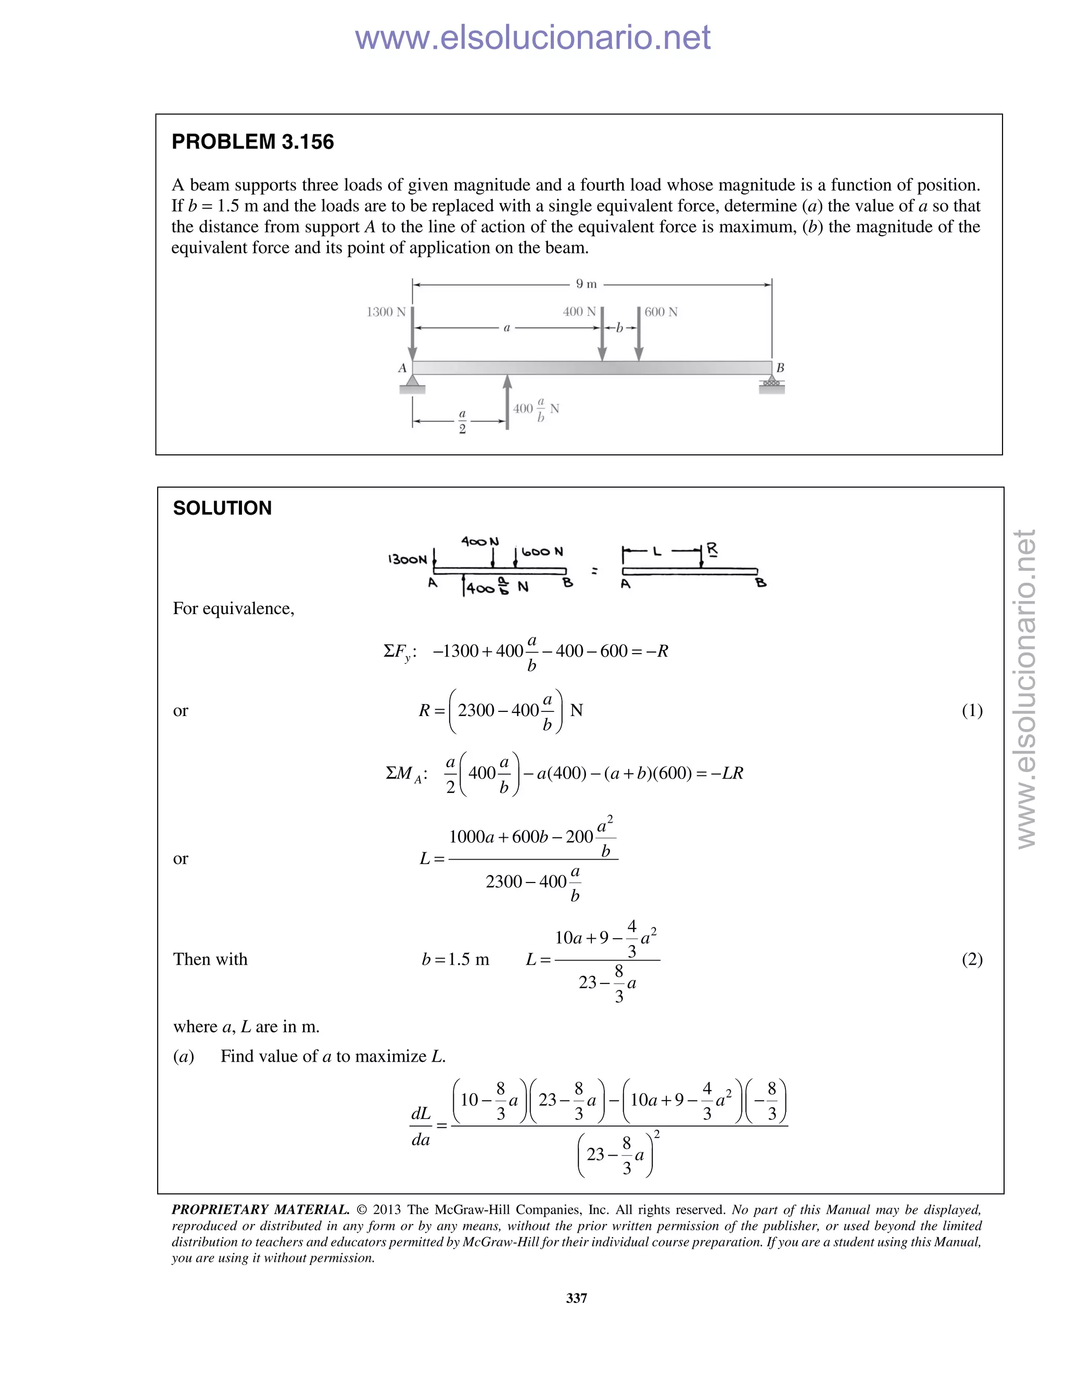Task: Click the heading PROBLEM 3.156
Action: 252,142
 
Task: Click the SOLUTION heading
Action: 222,508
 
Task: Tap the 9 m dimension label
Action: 586,284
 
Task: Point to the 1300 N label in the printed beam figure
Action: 386,312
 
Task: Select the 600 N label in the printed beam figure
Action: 661,312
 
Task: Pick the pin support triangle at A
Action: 412,381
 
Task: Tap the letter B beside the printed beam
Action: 780,367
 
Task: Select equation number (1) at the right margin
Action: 972,711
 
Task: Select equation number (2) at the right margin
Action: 972,959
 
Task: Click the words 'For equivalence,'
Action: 234,609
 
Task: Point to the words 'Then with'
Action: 210,959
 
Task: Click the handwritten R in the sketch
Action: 712,550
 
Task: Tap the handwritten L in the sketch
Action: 657,552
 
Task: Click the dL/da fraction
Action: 421,1126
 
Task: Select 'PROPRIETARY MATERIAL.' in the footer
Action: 260,1210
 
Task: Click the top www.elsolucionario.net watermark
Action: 532,38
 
